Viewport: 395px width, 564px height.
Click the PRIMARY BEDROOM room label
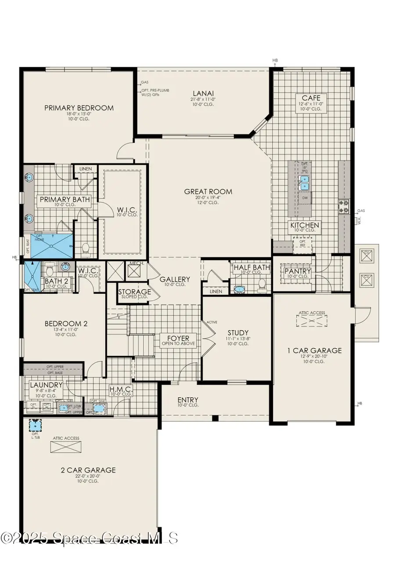tap(79, 108)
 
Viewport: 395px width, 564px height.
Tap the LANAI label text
tap(203, 93)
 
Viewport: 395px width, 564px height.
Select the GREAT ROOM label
tap(208, 191)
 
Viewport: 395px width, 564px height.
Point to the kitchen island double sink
tap(304, 184)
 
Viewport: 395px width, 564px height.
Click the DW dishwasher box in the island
tap(304, 199)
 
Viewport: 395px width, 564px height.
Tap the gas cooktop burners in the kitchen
tap(343, 206)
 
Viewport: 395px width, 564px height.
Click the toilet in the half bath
tap(262, 284)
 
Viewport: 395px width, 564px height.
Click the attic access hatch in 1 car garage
tap(312, 320)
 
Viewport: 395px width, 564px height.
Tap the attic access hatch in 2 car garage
tap(66, 447)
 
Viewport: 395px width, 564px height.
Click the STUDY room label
tap(238, 333)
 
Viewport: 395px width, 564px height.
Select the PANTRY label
tap(298, 271)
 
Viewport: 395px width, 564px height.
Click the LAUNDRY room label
tap(46, 385)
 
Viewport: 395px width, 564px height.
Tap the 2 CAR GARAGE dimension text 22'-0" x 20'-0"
tap(88, 477)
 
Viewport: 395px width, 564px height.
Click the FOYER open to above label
tap(178, 339)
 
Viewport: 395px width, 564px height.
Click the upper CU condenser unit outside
tap(366, 256)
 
